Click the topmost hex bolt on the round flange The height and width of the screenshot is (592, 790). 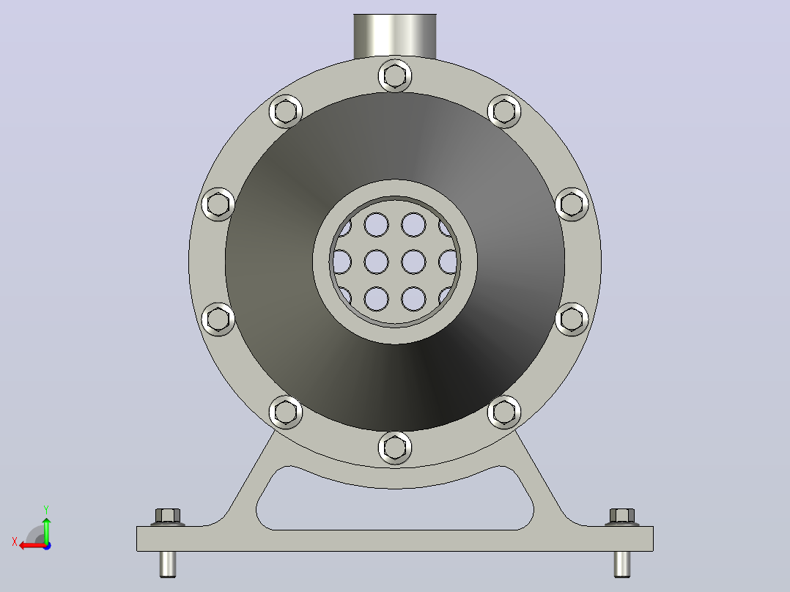click(x=395, y=76)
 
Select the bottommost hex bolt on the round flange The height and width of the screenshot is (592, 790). click(x=395, y=448)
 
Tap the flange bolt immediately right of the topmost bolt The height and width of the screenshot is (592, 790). click(x=504, y=111)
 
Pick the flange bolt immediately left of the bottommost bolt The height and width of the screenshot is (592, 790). click(x=286, y=412)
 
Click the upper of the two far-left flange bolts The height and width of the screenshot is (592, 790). click(x=218, y=204)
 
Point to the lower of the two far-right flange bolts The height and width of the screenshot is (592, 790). click(x=572, y=319)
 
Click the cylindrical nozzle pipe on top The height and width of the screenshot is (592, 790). click(x=395, y=36)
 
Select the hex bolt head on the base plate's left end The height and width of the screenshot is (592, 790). click(x=168, y=517)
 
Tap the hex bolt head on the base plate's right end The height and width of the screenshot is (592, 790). click(x=622, y=517)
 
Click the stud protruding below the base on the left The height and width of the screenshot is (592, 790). click(x=168, y=564)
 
